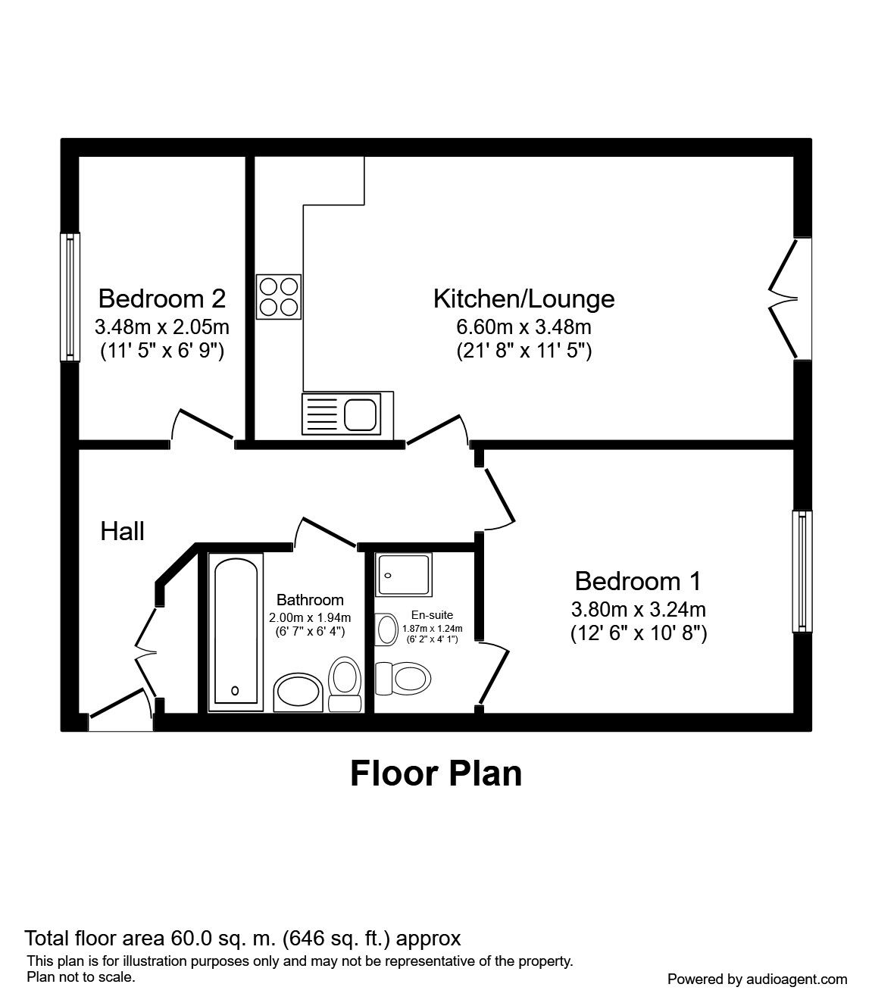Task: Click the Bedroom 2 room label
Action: click(161, 298)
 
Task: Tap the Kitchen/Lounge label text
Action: click(524, 298)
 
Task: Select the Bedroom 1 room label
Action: click(638, 581)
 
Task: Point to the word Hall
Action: click(122, 531)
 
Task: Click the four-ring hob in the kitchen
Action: click(278, 296)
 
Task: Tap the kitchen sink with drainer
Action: click(348, 414)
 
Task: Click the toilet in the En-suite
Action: click(404, 676)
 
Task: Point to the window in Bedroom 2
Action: click(70, 295)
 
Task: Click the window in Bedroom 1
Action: click(802, 570)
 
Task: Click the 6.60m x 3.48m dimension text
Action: click(524, 327)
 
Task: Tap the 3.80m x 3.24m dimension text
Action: click(638, 609)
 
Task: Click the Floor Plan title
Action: click(436, 773)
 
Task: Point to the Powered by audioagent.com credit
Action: click(757, 979)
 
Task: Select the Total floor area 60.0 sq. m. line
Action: click(242, 939)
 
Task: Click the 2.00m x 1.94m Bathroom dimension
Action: click(310, 617)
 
